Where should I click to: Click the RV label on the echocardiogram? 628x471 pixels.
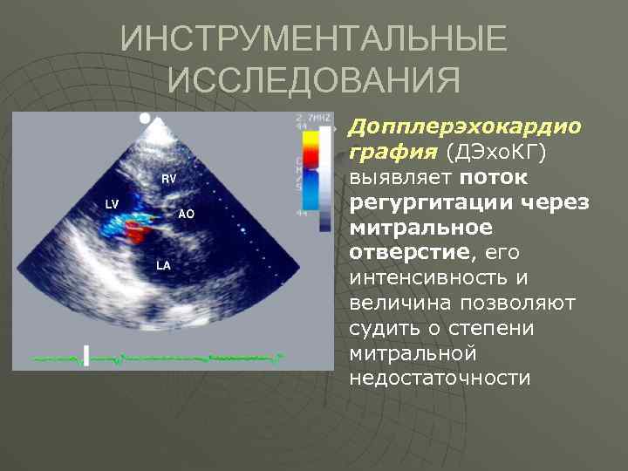tap(169, 178)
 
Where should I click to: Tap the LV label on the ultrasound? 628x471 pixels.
tap(112, 204)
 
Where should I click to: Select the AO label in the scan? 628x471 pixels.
tap(186, 214)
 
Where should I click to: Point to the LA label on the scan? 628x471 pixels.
tap(163, 264)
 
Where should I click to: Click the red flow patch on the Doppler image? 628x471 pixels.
tap(137, 231)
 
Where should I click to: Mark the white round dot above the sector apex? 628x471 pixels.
tap(146, 117)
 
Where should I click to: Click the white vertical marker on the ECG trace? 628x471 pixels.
tap(86, 355)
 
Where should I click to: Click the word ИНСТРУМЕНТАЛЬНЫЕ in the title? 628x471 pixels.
tap(313, 40)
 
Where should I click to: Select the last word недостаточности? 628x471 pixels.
tap(440, 379)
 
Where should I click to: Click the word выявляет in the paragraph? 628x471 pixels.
tap(398, 178)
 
